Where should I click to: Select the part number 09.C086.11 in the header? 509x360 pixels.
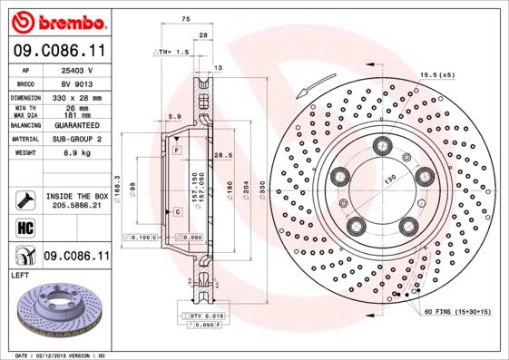click(59, 51)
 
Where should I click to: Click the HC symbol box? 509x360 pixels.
click(24, 228)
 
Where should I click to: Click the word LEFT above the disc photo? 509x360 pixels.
click(21, 274)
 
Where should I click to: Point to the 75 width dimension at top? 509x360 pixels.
click(185, 18)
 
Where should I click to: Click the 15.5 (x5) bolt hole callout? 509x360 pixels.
click(436, 74)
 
